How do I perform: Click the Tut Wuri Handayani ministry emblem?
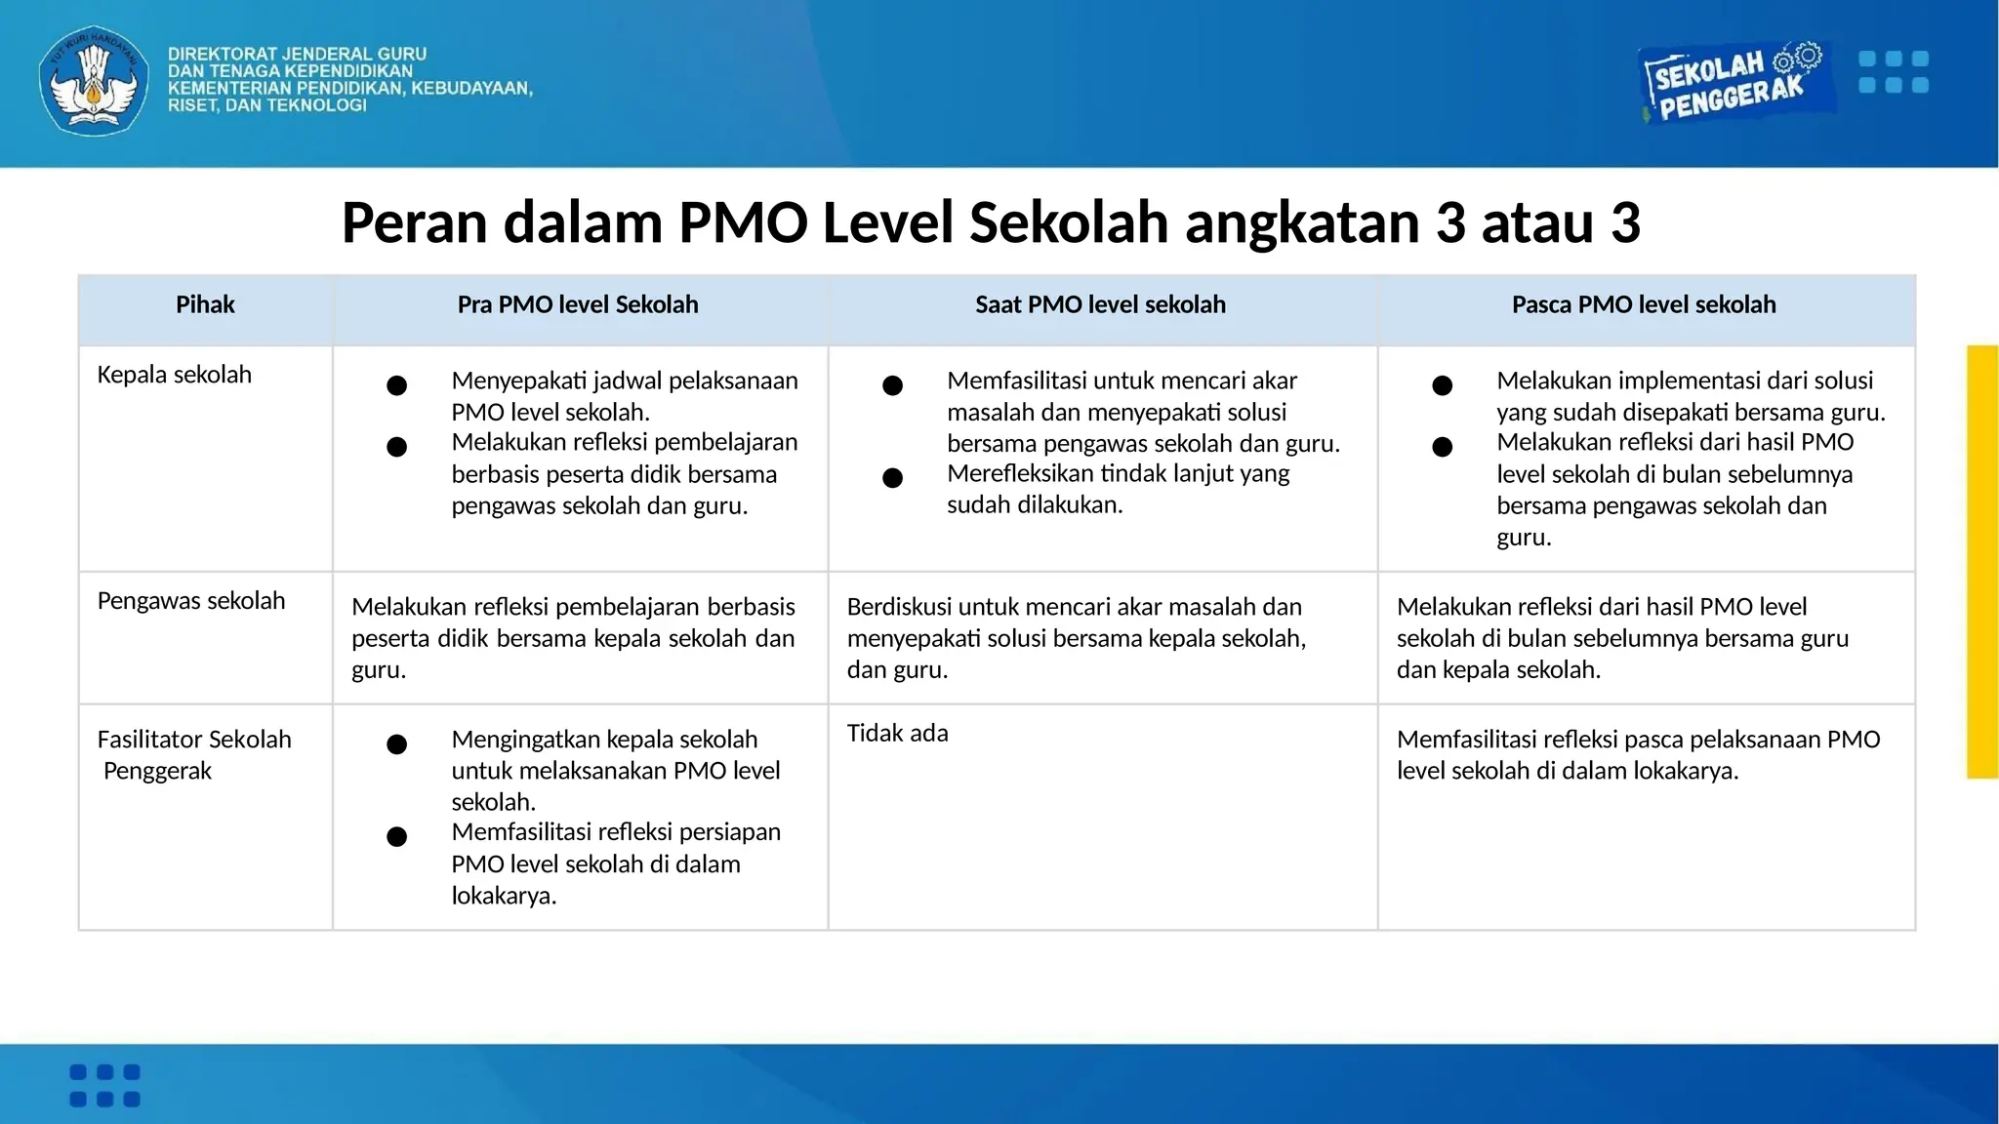(x=94, y=81)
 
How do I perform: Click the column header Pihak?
(x=205, y=304)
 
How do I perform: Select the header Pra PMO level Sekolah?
(x=578, y=304)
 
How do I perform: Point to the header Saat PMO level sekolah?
(x=1100, y=304)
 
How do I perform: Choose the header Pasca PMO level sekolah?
(x=1644, y=304)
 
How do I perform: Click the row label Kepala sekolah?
(x=174, y=375)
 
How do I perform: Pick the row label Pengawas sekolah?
(x=190, y=601)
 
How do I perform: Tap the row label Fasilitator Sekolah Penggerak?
(x=193, y=754)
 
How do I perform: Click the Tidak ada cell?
(x=897, y=734)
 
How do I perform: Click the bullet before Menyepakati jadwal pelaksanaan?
(x=396, y=385)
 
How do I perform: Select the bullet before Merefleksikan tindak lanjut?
(x=892, y=478)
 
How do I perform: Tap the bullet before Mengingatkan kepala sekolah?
(x=396, y=744)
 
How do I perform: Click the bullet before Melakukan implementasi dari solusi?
(x=1442, y=385)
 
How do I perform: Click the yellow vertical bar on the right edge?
(x=1982, y=561)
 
